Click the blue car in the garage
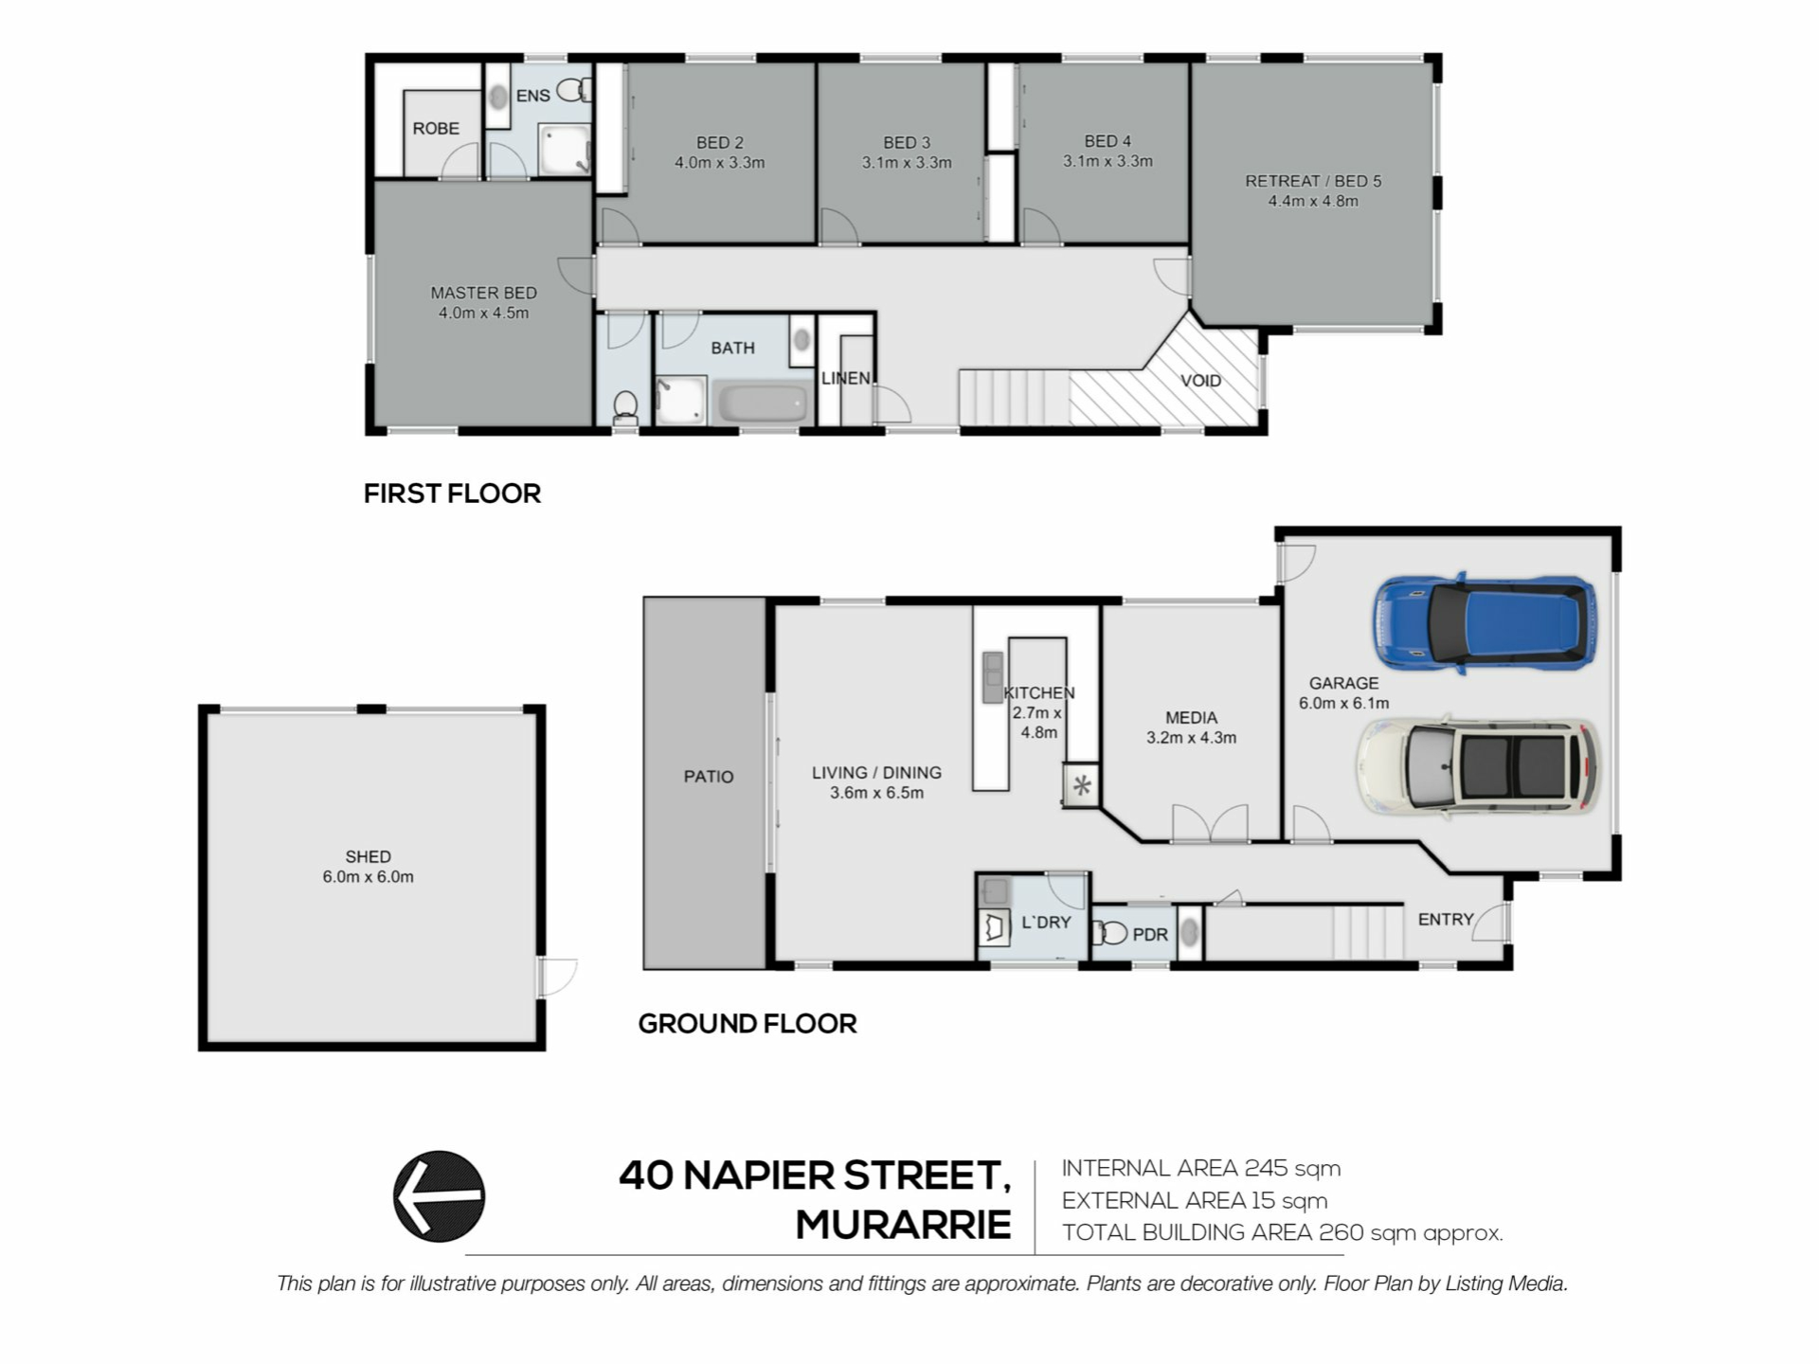(1485, 623)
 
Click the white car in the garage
(1479, 766)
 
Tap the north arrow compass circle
(439, 1196)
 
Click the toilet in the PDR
(1109, 934)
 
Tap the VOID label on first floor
(1200, 381)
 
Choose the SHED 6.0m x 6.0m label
(368, 867)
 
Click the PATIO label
(709, 777)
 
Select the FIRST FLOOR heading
(452, 494)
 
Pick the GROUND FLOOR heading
(747, 1024)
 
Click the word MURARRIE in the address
(903, 1225)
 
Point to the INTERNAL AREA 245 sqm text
(1201, 1169)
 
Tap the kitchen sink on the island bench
(992, 677)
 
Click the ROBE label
(436, 129)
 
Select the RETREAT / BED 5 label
(1313, 181)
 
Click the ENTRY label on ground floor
(1446, 920)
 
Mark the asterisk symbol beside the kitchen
(1082, 785)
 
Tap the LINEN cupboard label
(846, 379)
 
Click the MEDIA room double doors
(1210, 823)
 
